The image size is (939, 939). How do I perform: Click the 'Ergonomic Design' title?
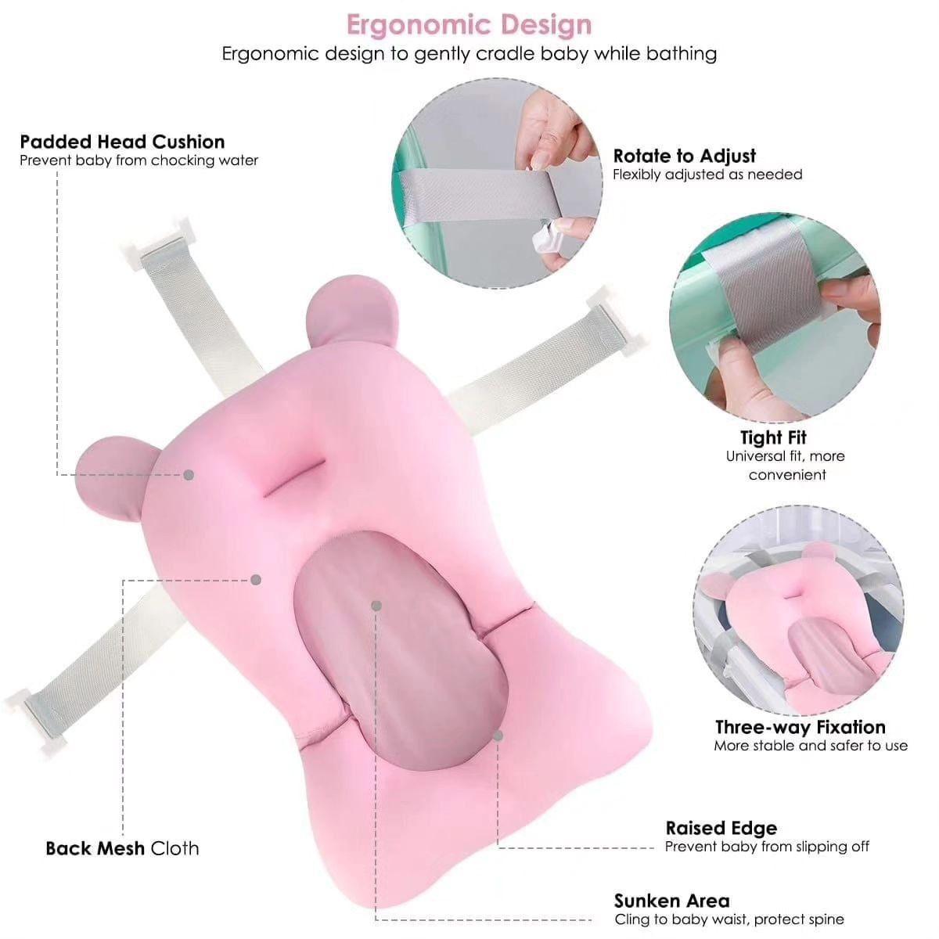[x=469, y=25]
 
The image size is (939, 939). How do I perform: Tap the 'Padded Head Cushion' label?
[x=122, y=142]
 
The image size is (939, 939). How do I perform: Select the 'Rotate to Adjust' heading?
[x=684, y=156]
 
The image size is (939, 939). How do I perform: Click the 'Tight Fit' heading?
[x=773, y=437]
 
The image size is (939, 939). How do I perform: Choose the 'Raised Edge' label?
[x=721, y=841]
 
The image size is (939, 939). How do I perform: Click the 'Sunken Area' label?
[x=672, y=901]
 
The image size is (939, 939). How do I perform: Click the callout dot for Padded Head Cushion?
[x=189, y=475]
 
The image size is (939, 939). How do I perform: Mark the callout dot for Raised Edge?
[x=498, y=736]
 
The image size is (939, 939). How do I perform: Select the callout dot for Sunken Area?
[x=376, y=606]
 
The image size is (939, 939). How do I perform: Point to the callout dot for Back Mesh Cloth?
[x=256, y=580]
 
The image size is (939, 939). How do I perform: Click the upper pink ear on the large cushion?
[x=352, y=310]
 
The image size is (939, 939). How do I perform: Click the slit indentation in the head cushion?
[x=294, y=478]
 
